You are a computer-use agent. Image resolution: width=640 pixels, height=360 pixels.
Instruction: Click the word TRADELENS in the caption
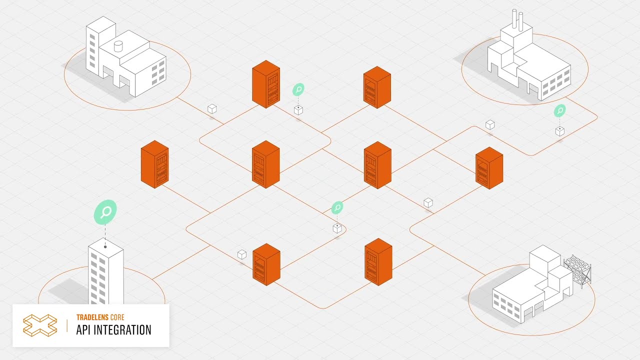click(x=92, y=317)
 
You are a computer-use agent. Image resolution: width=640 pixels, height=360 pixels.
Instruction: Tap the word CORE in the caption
click(x=117, y=317)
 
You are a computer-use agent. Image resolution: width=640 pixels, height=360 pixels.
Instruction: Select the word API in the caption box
click(x=83, y=330)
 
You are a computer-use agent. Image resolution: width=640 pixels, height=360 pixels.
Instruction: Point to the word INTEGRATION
click(x=122, y=330)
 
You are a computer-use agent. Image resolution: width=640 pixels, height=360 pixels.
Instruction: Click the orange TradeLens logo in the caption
click(x=40, y=325)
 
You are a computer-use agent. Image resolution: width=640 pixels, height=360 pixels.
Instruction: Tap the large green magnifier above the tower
click(x=105, y=212)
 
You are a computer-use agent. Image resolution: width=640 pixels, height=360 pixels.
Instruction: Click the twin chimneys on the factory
click(x=517, y=19)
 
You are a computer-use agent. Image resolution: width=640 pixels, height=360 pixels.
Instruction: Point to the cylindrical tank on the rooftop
click(x=118, y=46)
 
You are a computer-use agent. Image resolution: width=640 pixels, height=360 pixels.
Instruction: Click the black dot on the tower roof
click(x=105, y=247)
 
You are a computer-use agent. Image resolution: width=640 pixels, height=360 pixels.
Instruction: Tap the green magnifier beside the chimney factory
click(x=559, y=110)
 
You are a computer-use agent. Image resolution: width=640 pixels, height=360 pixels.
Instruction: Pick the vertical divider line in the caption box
click(x=67, y=325)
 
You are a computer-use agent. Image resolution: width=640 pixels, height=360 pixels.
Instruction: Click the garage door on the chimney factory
click(x=533, y=88)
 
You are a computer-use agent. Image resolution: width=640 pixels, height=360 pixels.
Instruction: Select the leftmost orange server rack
click(x=154, y=164)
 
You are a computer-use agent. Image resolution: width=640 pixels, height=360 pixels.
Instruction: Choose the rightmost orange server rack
click(x=489, y=168)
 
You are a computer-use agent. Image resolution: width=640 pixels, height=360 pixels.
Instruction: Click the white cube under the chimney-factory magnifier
click(x=559, y=131)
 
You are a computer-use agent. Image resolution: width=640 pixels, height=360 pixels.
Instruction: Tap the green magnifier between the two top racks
click(x=298, y=89)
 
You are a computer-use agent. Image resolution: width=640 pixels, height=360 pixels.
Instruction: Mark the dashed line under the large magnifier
click(x=105, y=234)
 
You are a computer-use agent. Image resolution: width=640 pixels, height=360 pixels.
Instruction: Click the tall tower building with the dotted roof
click(x=105, y=271)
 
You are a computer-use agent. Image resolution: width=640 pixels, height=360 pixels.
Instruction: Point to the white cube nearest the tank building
click(x=212, y=109)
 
